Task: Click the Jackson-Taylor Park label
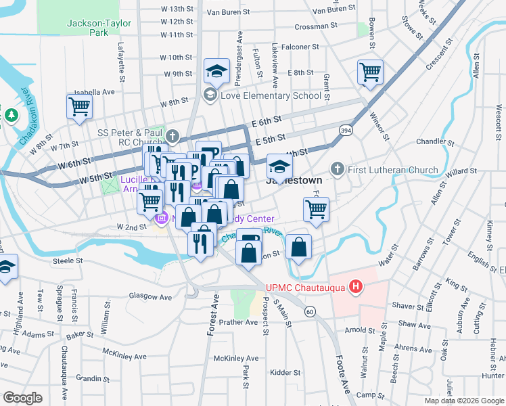point(88,28)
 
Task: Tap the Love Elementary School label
point(270,95)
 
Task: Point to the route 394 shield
point(345,130)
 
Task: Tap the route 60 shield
point(309,311)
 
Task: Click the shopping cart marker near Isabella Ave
point(79,106)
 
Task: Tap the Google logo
point(22,398)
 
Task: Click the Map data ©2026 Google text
point(464,401)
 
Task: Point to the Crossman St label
point(316,26)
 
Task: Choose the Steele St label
point(68,260)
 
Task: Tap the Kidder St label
point(285,372)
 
